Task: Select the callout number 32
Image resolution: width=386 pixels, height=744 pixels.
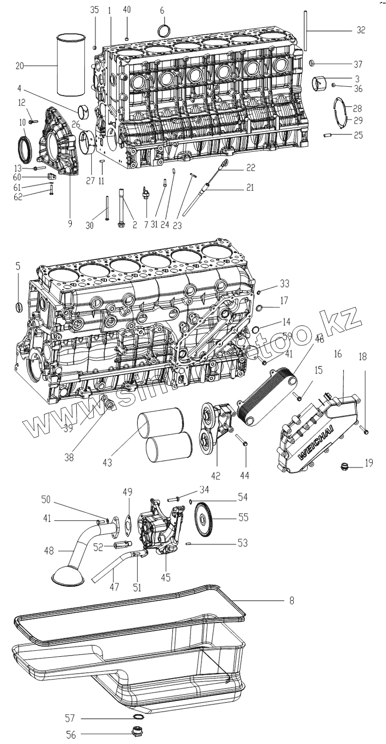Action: (360, 30)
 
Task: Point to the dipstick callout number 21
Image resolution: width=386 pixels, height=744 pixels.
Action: (250, 187)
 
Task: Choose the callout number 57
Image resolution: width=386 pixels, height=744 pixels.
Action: (71, 717)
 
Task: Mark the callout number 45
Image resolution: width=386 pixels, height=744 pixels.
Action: (165, 576)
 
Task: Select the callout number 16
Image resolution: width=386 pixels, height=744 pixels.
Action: (338, 355)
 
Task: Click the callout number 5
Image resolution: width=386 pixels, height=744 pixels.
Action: (18, 266)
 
